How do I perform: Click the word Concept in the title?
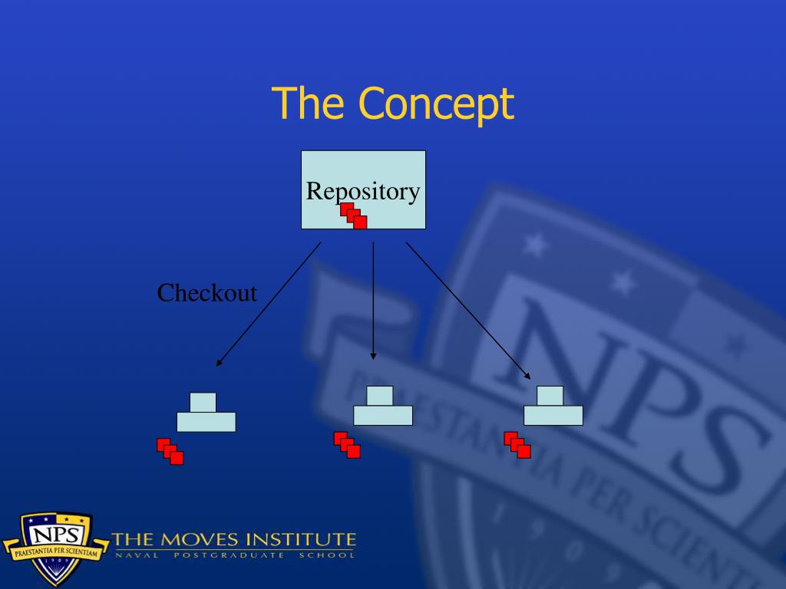pos(436,104)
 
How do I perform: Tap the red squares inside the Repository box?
pos(354,216)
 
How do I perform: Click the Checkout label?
pos(206,293)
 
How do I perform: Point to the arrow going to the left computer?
pos(268,304)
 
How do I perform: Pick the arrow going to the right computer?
pos(468,310)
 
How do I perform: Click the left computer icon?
pos(206,413)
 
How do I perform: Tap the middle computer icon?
pos(382,406)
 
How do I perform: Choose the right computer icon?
pos(553,406)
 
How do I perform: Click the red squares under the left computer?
pos(170,452)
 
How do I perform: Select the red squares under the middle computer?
pos(347,445)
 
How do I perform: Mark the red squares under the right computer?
pos(517,445)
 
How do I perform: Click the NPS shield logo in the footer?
pos(55,546)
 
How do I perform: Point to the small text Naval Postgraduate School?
pos(234,555)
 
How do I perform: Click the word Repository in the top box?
pos(363,191)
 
